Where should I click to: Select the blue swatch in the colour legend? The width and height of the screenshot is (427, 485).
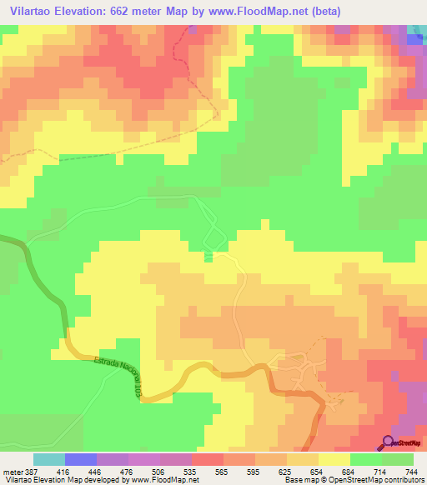(81, 459)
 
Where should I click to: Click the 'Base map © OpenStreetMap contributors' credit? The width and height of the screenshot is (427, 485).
(354, 480)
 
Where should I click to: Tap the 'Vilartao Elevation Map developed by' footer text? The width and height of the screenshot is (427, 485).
(63, 480)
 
